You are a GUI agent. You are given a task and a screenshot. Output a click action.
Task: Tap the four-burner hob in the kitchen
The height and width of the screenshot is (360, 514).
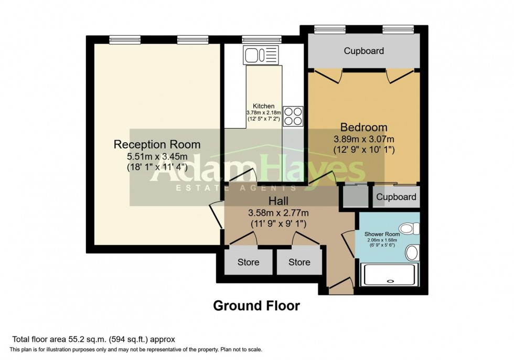[295, 116]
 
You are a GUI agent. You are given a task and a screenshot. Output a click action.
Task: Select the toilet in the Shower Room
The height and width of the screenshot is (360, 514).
[407, 229]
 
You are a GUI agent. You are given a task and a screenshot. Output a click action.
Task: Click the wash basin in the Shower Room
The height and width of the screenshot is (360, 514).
[412, 253]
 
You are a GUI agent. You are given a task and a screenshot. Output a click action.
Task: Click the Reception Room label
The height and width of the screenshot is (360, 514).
[157, 144]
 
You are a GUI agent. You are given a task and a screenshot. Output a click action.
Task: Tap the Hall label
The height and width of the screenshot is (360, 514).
[278, 201]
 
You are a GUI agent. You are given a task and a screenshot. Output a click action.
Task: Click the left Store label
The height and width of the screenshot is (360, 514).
[248, 262]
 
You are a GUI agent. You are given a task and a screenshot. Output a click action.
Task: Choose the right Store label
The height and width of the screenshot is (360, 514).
[299, 262]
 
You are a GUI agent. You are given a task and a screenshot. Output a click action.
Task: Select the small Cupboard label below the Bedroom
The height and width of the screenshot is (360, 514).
[397, 197]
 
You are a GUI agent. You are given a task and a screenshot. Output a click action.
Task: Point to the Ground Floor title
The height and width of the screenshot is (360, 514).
[256, 306]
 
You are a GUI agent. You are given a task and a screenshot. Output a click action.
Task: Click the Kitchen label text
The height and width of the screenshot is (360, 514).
[263, 106]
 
